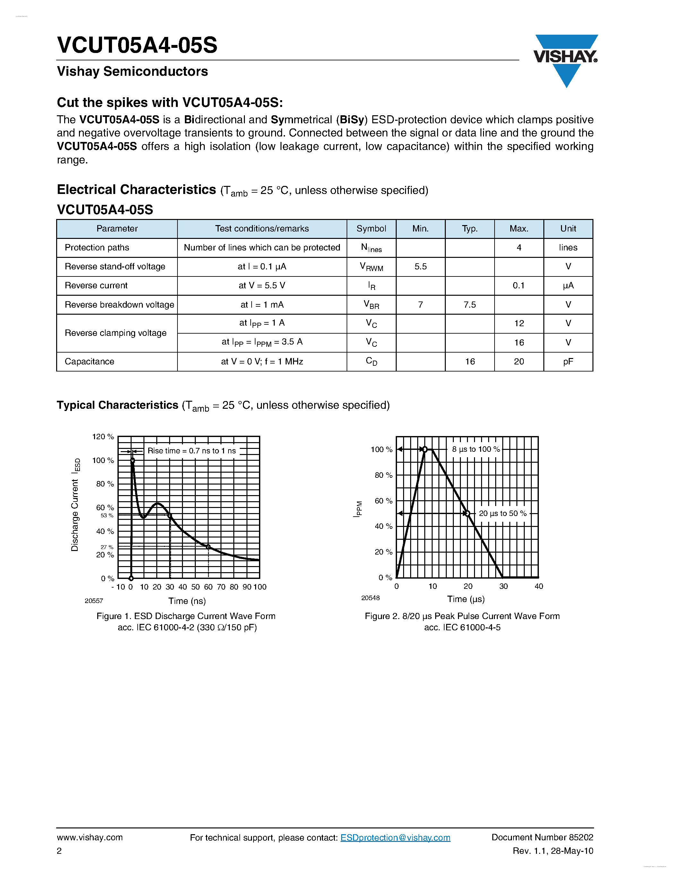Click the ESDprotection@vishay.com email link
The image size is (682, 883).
coord(395,837)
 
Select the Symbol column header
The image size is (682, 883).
coord(371,229)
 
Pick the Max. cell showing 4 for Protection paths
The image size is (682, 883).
coord(519,248)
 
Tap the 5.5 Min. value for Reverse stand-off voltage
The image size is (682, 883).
coord(420,267)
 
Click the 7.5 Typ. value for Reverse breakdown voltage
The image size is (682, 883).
coord(470,304)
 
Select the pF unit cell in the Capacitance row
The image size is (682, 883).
coord(568,362)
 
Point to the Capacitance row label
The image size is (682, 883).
coord(89,362)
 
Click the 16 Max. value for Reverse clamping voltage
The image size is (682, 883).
coord(519,343)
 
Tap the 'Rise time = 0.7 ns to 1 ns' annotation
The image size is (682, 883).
coord(192,451)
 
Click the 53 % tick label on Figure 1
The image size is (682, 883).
coord(107,515)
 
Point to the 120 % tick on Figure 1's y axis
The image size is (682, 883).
coord(103,437)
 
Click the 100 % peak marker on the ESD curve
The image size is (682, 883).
coord(132,460)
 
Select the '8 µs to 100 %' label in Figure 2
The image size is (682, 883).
coord(476,449)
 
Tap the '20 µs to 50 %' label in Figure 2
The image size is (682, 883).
coord(503,513)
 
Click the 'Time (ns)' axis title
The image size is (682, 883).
coord(187,601)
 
